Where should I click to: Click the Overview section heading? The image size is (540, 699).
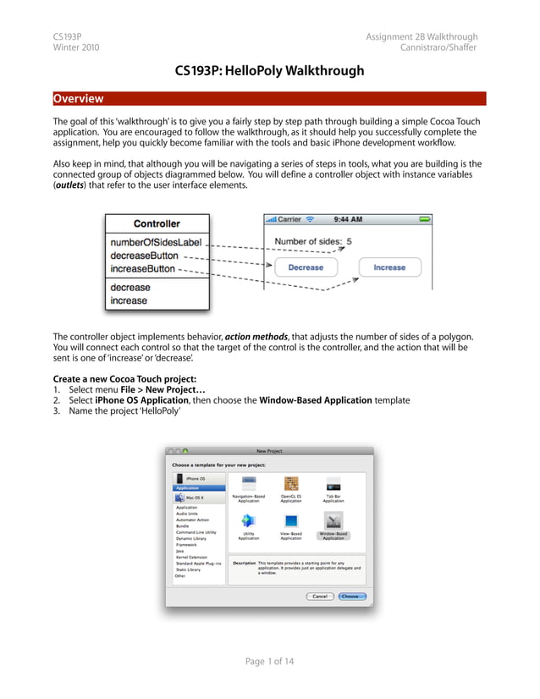click(78, 98)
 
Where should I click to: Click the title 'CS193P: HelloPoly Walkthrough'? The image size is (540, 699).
click(269, 70)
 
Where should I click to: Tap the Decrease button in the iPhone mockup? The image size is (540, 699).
click(306, 267)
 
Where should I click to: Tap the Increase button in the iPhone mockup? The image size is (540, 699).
click(389, 267)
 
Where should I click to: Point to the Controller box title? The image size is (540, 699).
click(157, 223)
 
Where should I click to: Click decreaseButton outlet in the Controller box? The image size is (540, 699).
click(144, 256)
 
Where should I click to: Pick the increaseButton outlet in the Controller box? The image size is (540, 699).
click(143, 269)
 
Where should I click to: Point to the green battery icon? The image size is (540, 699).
click(425, 219)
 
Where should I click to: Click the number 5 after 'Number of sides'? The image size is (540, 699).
click(349, 241)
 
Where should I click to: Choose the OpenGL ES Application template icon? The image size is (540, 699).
click(291, 484)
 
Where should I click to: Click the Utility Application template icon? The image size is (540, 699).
click(249, 521)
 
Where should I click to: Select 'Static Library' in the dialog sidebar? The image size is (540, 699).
click(188, 570)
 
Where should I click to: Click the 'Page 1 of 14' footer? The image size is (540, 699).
click(269, 661)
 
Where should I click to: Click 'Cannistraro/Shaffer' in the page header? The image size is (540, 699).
click(438, 47)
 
